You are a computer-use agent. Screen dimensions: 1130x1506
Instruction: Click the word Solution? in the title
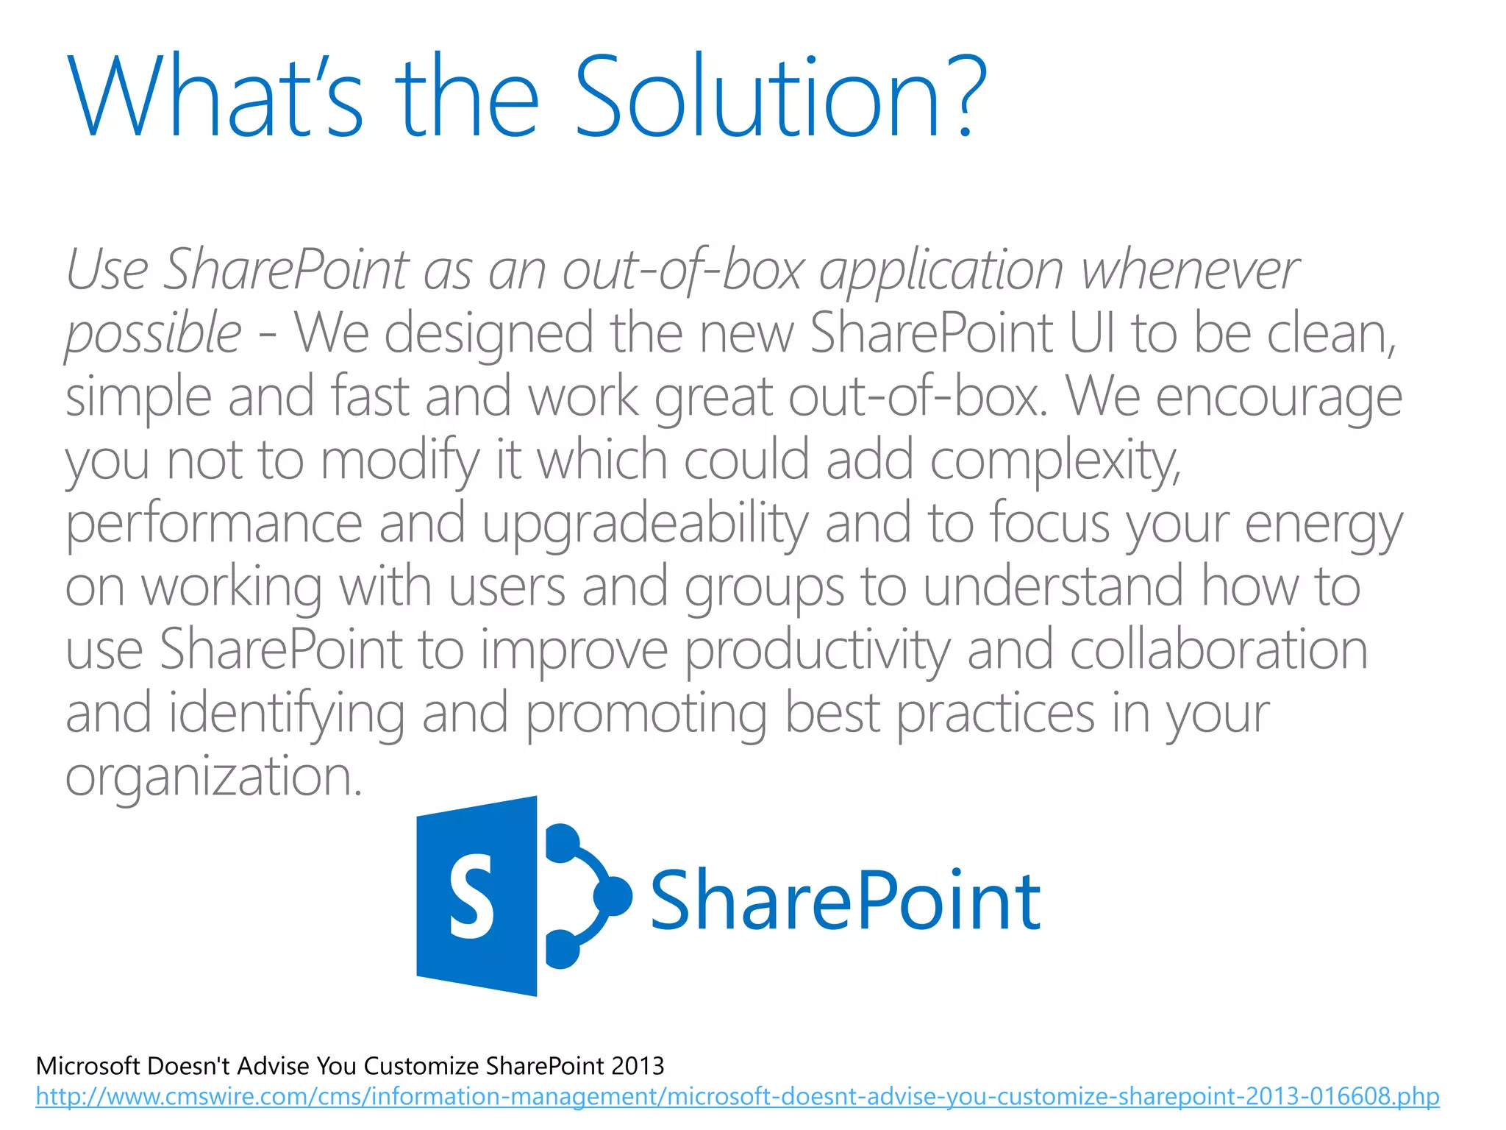point(779,97)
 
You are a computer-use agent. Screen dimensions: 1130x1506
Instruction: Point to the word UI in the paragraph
point(1091,333)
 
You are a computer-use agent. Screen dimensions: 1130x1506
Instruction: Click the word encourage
point(1279,398)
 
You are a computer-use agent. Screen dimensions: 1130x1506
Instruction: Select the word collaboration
point(1218,650)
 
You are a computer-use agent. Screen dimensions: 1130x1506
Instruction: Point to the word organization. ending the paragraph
point(214,778)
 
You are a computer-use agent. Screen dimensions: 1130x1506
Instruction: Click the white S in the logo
point(471,897)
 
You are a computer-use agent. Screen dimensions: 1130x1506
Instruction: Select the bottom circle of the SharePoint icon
point(563,949)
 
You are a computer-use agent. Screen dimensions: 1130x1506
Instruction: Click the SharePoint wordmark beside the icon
point(845,900)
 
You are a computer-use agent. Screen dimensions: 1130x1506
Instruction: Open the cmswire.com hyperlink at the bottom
point(737,1097)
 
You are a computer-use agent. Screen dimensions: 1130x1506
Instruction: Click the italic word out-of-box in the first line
point(683,270)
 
